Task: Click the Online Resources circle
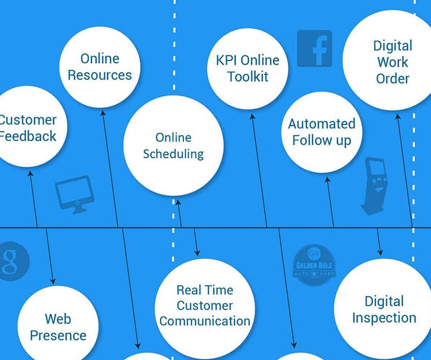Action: point(100,67)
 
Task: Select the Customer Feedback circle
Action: point(27,128)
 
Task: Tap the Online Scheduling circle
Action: point(173,146)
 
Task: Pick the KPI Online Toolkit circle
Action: point(248,68)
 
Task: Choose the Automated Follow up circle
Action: point(322,132)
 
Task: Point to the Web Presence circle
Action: point(58,326)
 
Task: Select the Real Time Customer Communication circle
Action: point(205,306)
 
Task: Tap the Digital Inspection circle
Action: point(384,309)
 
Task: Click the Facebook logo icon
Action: point(314,49)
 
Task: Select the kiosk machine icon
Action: point(372,185)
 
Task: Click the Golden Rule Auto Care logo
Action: point(314,262)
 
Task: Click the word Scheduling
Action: point(173,154)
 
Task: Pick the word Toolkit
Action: point(248,76)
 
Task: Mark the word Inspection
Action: point(384,318)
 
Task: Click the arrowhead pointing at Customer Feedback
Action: point(30,173)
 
